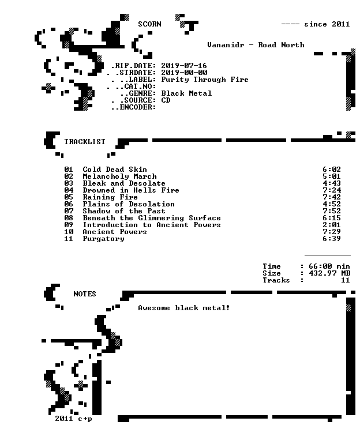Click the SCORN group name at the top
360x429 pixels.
click(149, 24)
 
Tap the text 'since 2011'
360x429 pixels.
click(327, 24)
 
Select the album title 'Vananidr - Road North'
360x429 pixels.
click(256, 45)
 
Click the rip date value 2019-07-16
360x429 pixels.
click(183, 66)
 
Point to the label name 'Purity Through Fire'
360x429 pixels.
click(204, 80)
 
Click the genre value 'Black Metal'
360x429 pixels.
click(186, 93)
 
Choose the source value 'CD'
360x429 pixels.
click(166, 100)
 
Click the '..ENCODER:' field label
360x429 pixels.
click(133, 107)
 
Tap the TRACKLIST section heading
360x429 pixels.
click(85, 142)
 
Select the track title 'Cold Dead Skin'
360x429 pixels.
click(115, 170)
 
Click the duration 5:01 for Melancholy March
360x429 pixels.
click(331, 176)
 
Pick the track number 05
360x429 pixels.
click(69, 197)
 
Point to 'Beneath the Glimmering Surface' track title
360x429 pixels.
click(152, 218)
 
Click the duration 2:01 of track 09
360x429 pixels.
click(331, 225)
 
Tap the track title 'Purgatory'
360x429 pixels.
click(103, 239)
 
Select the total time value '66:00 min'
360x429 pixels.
click(329, 266)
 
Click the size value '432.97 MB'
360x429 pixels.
click(329, 273)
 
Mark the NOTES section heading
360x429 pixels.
click(85, 294)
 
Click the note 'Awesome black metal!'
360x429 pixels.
click(183, 308)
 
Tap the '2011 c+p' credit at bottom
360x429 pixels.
click(73, 419)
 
